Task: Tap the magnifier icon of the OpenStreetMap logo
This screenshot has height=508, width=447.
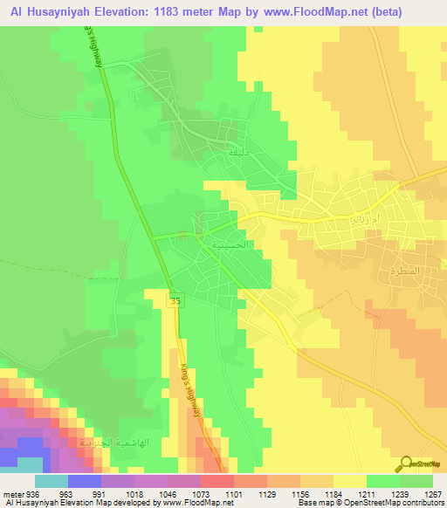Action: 408,463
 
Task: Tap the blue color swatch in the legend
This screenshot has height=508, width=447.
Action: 85,481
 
